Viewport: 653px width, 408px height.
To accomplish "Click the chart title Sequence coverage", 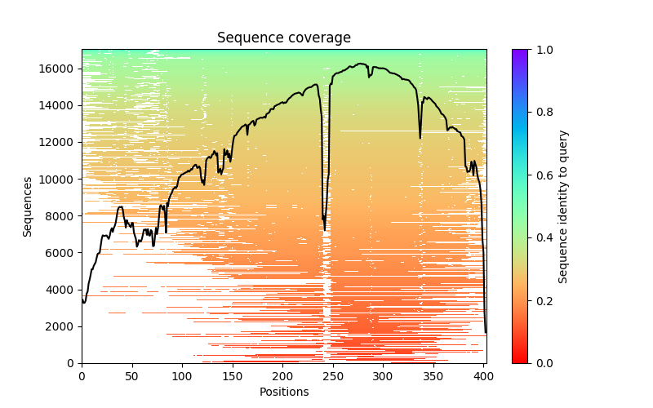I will [283, 38].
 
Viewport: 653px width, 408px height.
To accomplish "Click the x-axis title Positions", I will [283, 392].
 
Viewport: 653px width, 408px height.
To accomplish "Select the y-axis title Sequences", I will [28, 206].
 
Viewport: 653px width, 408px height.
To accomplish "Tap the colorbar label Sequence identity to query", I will [563, 206].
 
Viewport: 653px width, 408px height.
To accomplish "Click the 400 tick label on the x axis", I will [483, 375].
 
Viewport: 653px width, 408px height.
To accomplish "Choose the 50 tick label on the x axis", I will [131, 375].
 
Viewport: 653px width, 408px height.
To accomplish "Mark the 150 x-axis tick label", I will [233, 375].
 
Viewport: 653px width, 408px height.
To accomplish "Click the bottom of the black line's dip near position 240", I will [324, 230].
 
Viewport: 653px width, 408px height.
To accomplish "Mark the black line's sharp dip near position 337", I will [420, 138].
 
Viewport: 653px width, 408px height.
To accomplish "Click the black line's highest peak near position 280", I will [360, 64].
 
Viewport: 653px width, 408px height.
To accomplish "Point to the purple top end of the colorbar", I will [519, 51].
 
